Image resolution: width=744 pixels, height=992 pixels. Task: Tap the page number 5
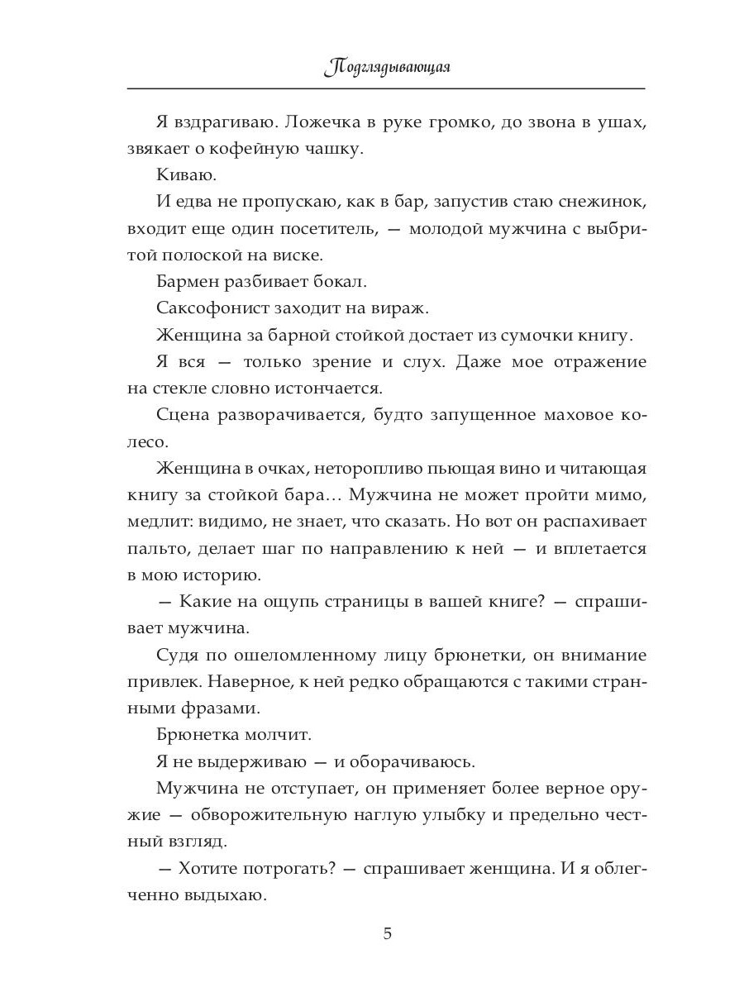pyautogui.click(x=388, y=935)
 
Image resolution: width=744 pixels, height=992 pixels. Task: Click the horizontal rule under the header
pyautogui.click(x=387, y=88)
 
